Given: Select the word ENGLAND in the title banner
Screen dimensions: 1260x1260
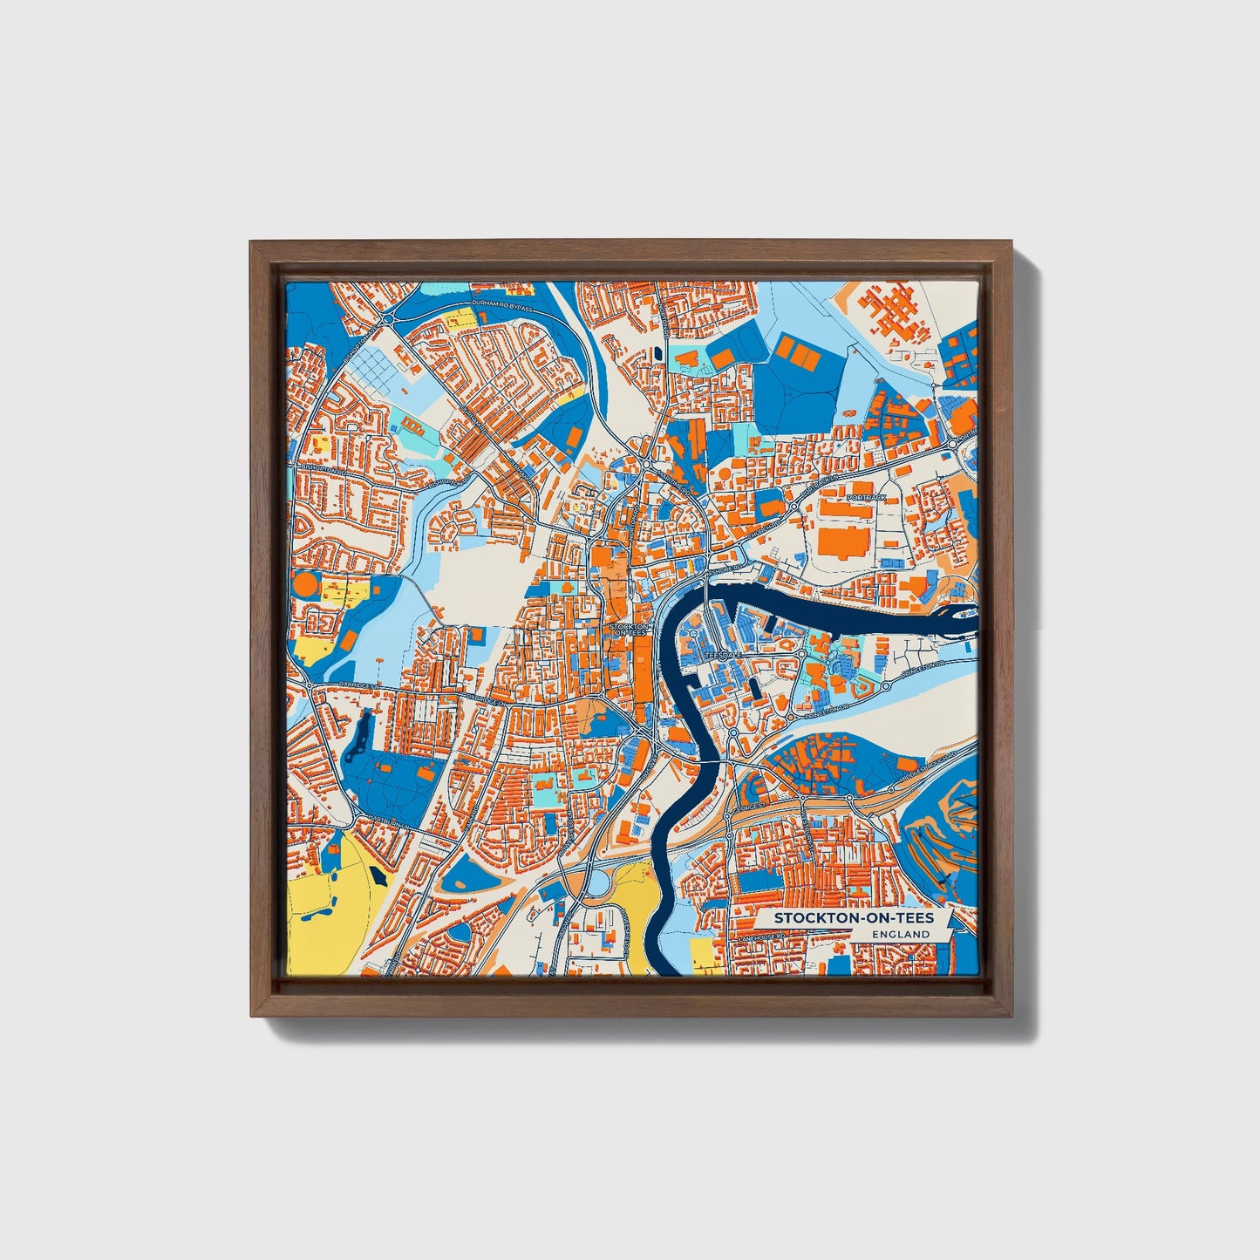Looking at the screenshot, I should (x=900, y=934).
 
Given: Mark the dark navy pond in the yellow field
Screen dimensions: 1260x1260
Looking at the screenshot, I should (x=377, y=875).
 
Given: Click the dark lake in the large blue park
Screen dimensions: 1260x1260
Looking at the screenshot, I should (x=358, y=741).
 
